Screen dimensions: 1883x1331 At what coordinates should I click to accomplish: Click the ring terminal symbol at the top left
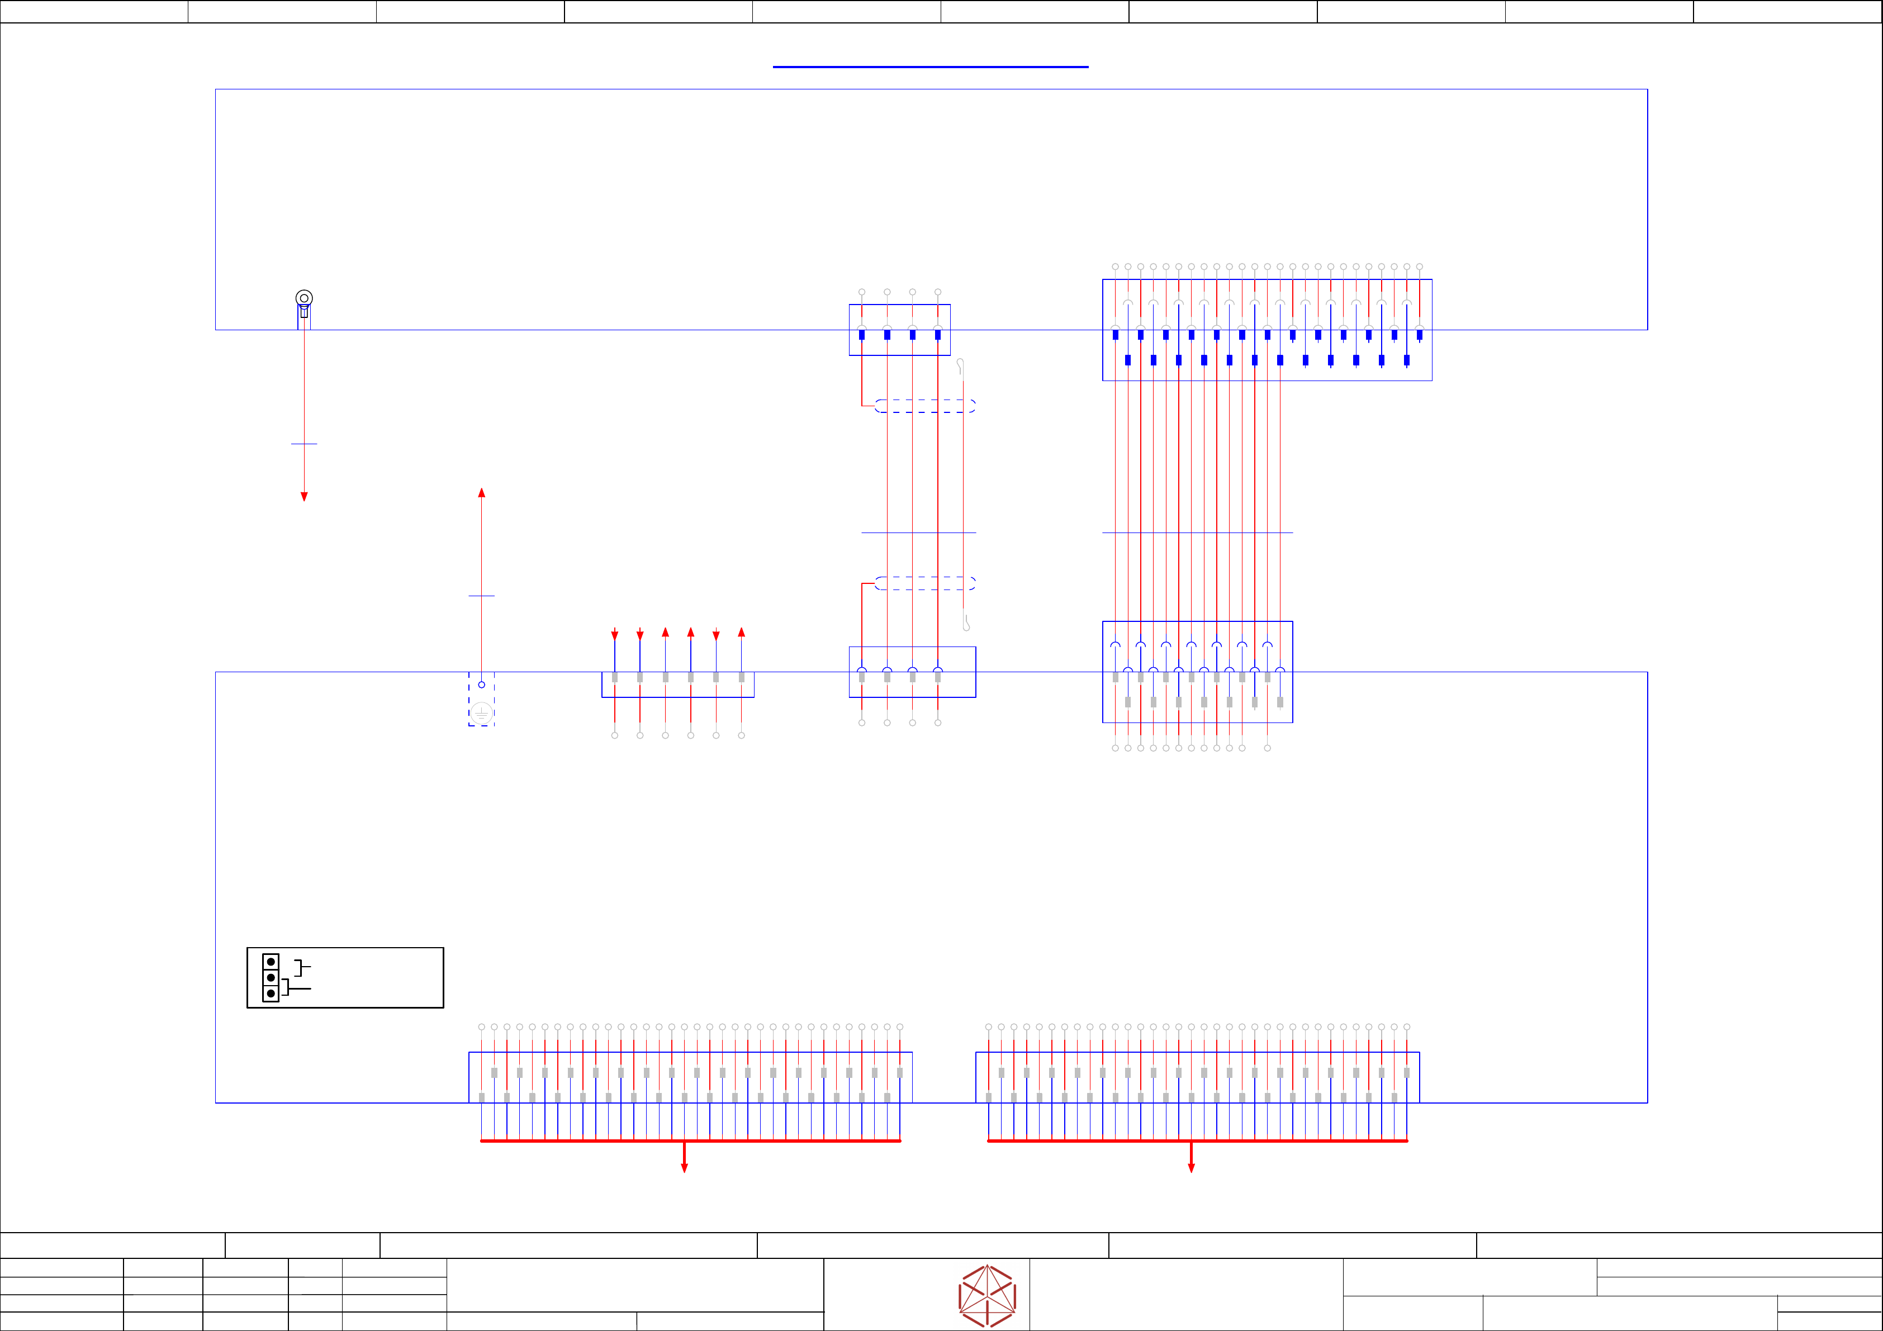click(303, 298)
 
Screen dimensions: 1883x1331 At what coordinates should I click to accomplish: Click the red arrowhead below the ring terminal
click(303, 496)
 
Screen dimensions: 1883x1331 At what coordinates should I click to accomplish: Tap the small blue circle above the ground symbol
click(481, 684)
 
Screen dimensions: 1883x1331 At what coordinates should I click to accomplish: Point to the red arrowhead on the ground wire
click(481, 493)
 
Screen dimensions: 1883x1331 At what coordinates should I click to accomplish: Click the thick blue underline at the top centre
click(930, 66)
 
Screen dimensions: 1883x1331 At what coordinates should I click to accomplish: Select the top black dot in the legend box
click(271, 962)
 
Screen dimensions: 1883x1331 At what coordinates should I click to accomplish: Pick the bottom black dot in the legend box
click(271, 993)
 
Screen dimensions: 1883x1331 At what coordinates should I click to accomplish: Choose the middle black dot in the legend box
click(271, 977)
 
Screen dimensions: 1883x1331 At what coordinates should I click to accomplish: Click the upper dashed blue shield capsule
click(925, 406)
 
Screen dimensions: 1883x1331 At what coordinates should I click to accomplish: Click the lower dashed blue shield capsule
click(925, 583)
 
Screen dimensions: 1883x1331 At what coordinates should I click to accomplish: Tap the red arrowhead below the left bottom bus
click(684, 1168)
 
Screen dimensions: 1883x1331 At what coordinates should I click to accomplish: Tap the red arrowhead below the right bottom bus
click(1191, 1168)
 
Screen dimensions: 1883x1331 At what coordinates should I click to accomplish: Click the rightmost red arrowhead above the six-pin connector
click(741, 633)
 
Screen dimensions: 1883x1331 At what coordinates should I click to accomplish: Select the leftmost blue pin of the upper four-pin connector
click(861, 335)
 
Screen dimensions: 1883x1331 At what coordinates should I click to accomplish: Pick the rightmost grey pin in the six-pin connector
click(741, 677)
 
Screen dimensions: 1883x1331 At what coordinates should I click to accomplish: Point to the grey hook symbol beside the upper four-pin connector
click(960, 367)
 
